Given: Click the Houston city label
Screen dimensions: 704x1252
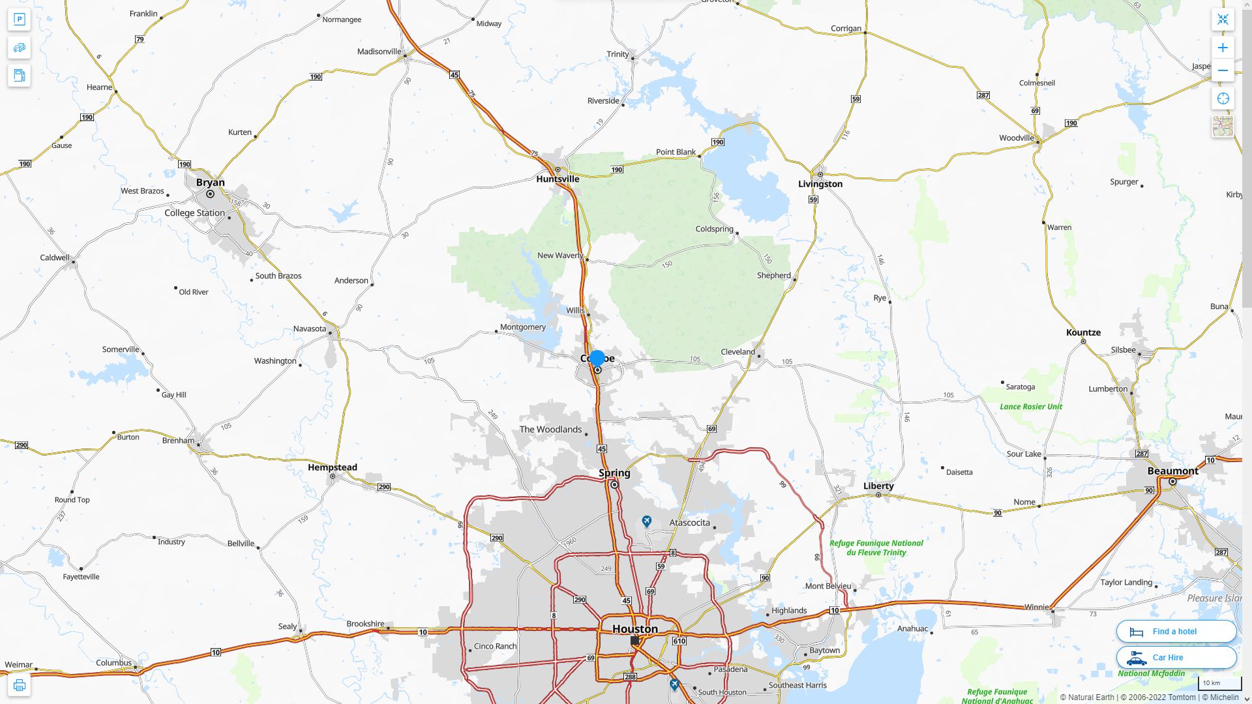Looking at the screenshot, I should tap(634, 629).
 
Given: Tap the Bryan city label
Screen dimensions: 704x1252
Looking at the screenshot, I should tap(210, 183).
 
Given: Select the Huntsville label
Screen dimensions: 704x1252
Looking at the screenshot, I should tap(558, 179).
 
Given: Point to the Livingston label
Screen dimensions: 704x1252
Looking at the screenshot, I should tap(820, 184).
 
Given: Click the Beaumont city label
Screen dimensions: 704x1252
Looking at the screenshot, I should tap(1172, 471).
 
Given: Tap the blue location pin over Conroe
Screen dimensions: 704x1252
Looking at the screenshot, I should tap(597, 359).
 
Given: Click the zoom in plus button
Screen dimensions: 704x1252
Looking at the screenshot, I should tap(1223, 48).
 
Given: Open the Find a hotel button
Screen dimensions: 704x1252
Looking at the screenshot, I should tap(1176, 632).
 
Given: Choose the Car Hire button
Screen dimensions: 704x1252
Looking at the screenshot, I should tap(1176, 658).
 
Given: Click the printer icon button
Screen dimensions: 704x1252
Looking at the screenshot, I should tap(19, 685).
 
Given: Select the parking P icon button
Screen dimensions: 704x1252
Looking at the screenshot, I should tap(19, 20).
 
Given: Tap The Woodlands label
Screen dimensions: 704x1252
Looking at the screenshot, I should tap(550, 430).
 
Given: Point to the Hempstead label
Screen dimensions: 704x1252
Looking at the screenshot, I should tap(333, 467).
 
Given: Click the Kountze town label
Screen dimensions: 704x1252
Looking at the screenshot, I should tap(1083, 332).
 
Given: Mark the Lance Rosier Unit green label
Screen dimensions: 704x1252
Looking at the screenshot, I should tap(1031, 407).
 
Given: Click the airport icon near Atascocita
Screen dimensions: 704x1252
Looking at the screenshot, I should tap(646, 521).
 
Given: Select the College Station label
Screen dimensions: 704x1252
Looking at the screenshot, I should tap(194, 213).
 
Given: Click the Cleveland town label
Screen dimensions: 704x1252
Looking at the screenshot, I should tap(738, 352).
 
